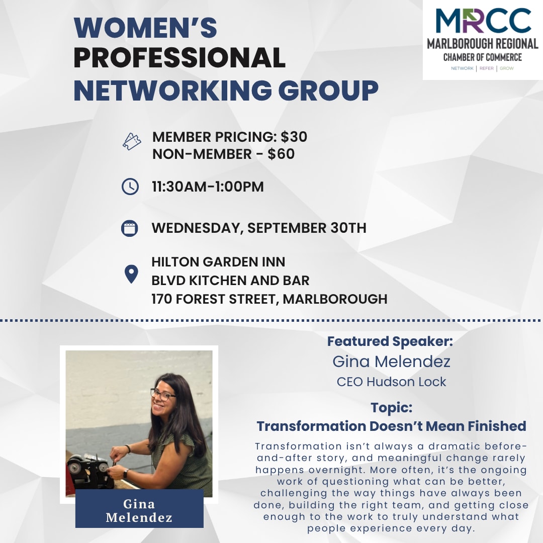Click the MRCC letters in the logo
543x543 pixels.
point(483,21)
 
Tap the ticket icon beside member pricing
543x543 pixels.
point(132,142)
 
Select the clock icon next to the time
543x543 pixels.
point(130,187)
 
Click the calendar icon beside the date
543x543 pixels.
point(130,229)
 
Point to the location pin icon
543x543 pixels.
point(131,275)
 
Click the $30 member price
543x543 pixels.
point(294,137)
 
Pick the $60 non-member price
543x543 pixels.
point(281,154)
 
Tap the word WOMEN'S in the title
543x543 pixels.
point(145,27)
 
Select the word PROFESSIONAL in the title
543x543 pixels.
point(179,57)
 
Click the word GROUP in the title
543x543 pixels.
point(328,90)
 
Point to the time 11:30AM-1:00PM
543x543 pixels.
point(208,187)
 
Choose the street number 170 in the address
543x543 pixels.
point(162,299)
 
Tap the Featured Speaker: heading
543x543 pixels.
point(390,341)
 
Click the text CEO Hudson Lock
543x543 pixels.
point(391,382)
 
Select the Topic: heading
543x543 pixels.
point(391,408)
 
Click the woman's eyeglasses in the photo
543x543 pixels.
point(162,395)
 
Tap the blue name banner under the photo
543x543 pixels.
point(139,508)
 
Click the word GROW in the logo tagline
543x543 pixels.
point(507,68)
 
